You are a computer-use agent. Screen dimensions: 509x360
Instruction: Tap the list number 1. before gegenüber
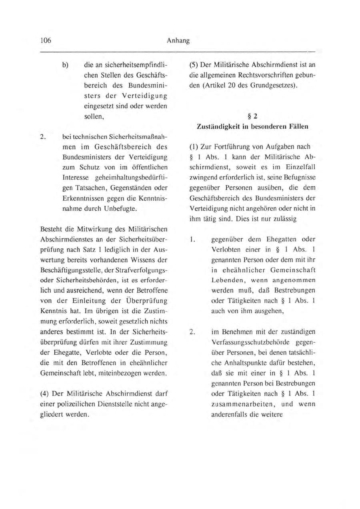pyautogui.click(x=192, y=240)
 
